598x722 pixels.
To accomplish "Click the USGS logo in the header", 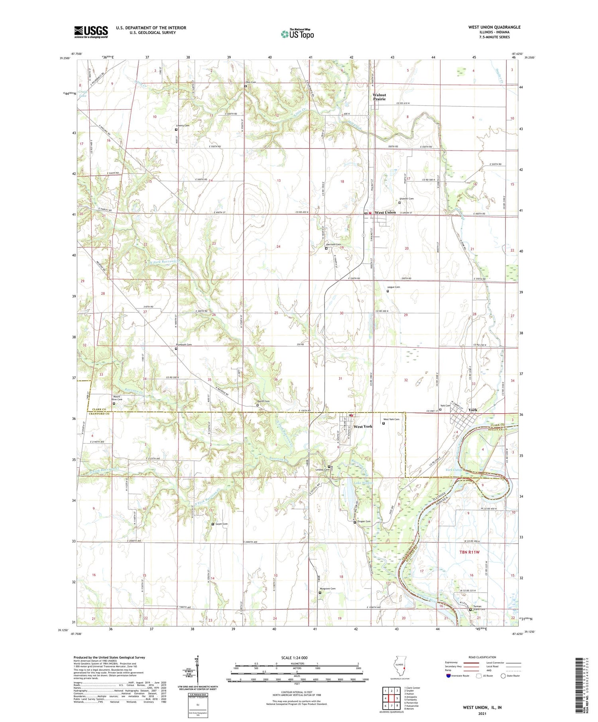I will click(91, 32).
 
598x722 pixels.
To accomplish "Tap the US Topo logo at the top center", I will click(297, 34).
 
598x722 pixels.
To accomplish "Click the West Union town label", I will click(385, 212).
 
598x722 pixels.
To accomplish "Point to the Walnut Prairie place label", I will click(379, 97).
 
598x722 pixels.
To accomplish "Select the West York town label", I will click(363, 426).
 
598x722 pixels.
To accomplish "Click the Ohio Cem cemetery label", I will click(250, 82).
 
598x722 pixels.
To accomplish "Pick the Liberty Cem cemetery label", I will click(183, 125).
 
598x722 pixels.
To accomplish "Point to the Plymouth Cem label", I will click(184, 344).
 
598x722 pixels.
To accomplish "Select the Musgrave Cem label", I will click(327, 589).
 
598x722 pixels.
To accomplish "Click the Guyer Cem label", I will click(221, 524).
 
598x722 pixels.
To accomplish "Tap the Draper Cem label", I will click(364, 521).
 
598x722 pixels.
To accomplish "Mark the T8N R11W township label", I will click(469, 552).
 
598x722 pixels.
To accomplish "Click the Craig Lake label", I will click(83, 94).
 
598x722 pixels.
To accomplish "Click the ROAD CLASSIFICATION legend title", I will click(482, 657).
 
